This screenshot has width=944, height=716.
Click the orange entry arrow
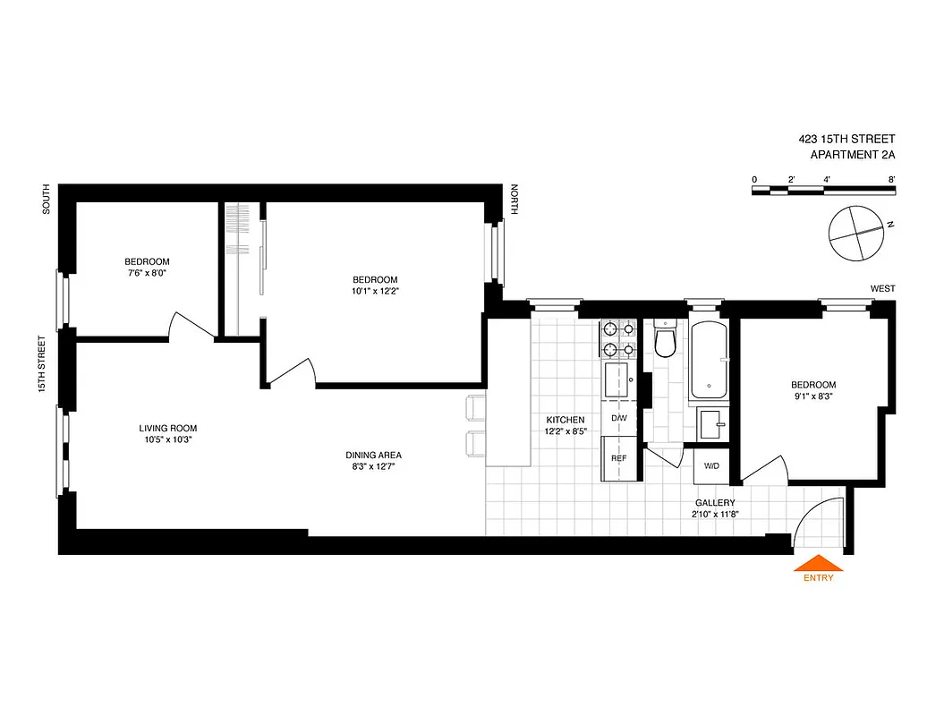tap(818, 564)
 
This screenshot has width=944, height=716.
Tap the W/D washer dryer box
tap(712, 466)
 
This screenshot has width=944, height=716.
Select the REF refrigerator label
tap(618, 458)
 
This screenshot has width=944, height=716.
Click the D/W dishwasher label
tap(618, 418)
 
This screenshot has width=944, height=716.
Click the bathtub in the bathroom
tap(710, 360)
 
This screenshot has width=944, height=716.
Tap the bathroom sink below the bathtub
tap(711, 423)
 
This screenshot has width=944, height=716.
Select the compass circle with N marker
tap(856, 234)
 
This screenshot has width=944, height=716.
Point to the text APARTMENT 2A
tap(852, 155)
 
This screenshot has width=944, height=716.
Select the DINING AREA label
tap(373, 455)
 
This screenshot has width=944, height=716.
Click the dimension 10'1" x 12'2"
tap(374, 291)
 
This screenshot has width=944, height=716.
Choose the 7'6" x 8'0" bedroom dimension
tap(146, 274)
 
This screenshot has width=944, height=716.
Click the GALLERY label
tap(714, 503)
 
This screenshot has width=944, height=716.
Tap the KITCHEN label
tap(566, 420)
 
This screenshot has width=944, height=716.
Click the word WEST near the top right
tap(882, 288)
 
